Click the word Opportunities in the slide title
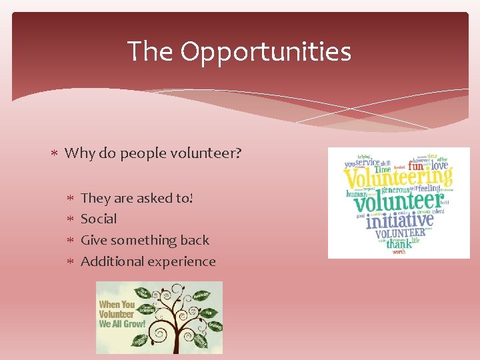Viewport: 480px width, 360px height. click(x=265, y=51)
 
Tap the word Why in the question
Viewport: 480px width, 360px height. click(x=80, y=153)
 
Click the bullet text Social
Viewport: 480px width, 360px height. click(x=99, y=219)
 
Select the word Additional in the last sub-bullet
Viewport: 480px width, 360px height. click(x=111, y=261)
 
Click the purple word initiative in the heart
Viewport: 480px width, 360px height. click(x=399, y=219)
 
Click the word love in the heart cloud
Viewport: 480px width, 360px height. click(x=439, y=165)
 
